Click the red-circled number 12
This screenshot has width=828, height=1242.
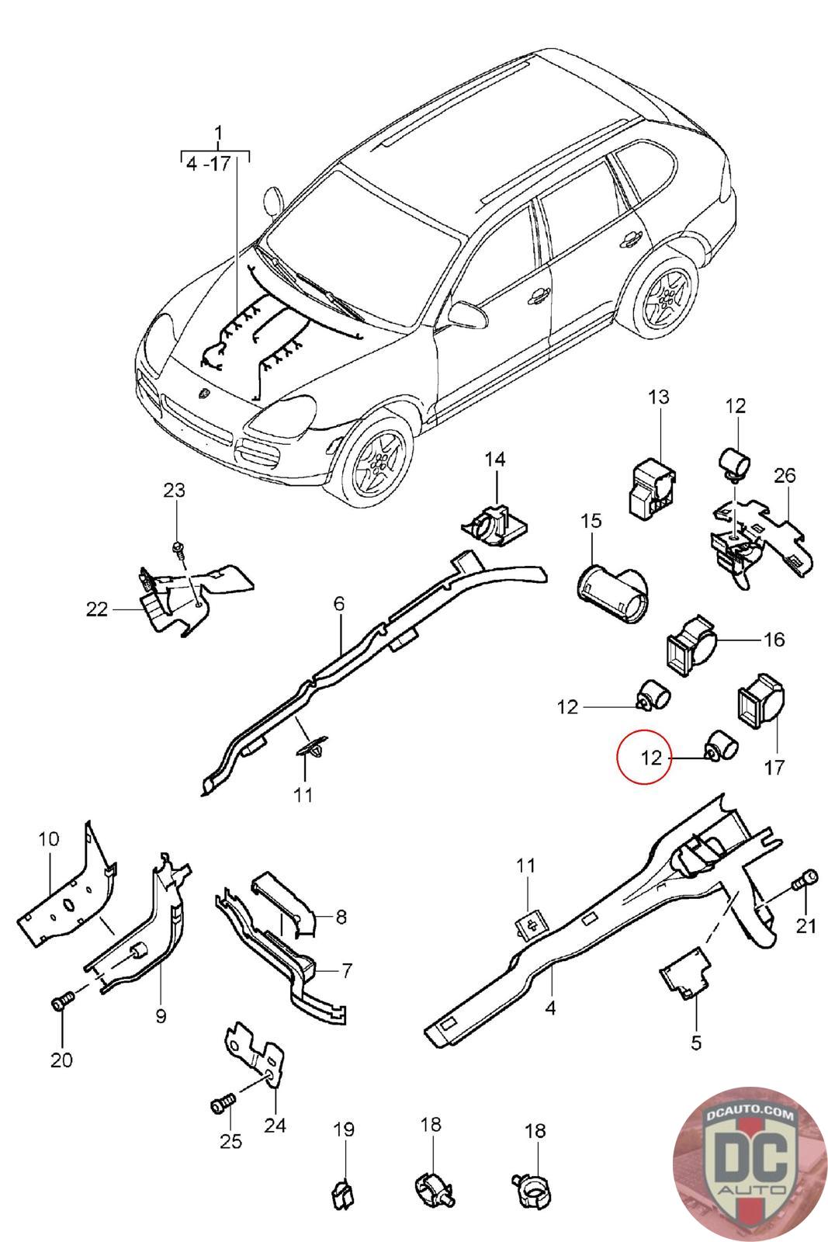pos(651,757)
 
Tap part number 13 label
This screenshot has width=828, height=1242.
pos(658,397)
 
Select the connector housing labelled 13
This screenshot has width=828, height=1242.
pos(653,489)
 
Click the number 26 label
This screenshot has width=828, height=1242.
pos(785,475)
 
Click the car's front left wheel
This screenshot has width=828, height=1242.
pos(377,459)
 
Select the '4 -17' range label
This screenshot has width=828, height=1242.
pos(208,165)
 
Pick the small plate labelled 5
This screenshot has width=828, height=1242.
pos(685,973)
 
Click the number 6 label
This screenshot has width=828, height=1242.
pos(339,604)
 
